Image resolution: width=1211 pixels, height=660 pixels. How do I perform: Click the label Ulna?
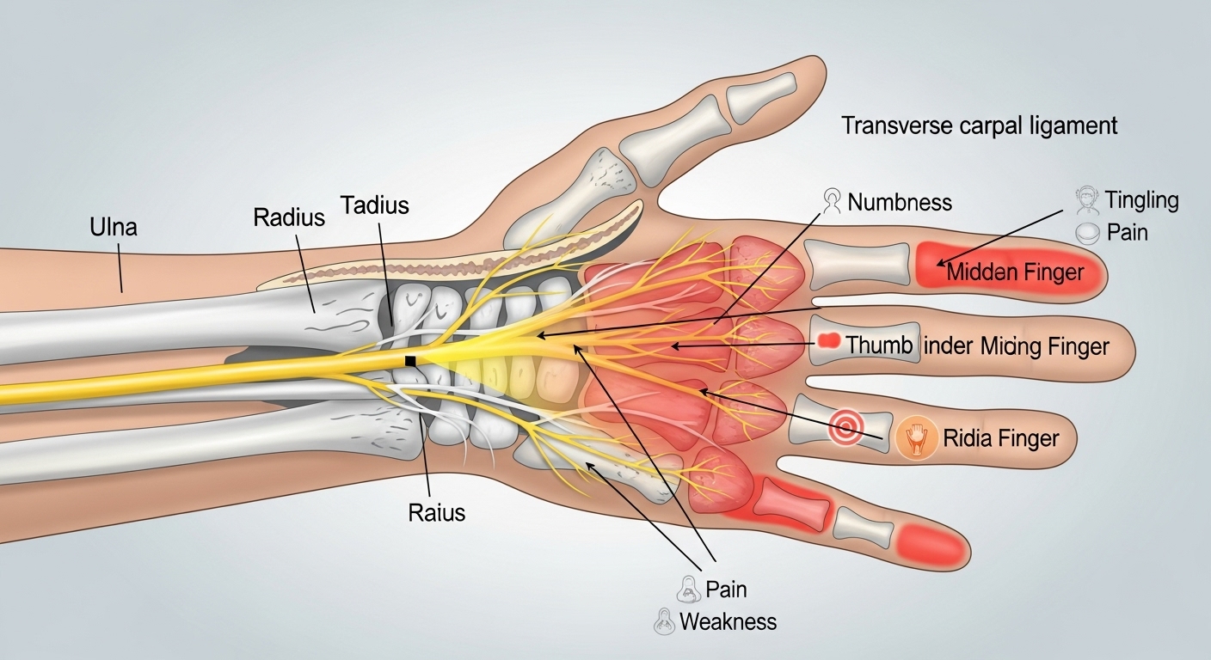(x=113, y=228)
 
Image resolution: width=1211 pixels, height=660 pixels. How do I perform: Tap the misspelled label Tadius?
(x=374, y=205)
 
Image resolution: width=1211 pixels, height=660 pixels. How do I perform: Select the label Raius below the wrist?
(x=436, y=513)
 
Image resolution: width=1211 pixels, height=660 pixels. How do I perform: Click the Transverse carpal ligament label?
(x=979, y=125)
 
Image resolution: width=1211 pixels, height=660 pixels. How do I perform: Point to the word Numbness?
(x=900, y=203)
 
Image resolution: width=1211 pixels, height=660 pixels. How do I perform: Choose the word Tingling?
(x=1141, y=201)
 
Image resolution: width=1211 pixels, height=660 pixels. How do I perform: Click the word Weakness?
(x=728, y=621)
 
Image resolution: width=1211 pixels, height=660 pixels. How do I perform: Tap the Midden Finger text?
(x=1014, y=274)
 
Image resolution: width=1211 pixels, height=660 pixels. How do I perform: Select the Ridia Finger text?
(x=1001, y=439)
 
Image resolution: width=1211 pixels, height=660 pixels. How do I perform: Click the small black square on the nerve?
(x=411, y=360)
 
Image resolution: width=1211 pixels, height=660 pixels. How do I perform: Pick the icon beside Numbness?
(x=832, y=200)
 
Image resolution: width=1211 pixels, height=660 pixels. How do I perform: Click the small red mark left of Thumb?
(x=827, y=340)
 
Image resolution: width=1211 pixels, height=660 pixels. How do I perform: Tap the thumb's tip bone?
(x=761, y=94)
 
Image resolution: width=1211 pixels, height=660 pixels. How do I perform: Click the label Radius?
(x=289, y=217)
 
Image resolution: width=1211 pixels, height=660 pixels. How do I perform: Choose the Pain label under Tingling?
(x=1128, y=232)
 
